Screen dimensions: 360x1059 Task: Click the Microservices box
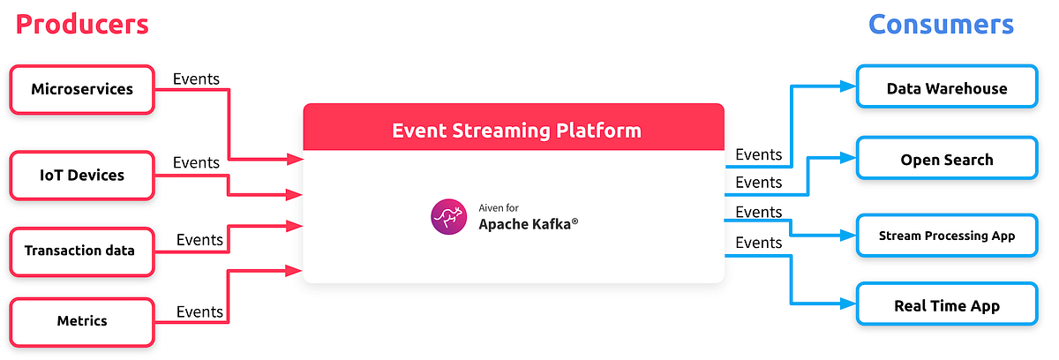[82, 89]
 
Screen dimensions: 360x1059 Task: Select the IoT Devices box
[82, 175]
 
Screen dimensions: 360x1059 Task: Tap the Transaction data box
[79, 251]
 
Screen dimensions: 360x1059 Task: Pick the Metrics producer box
[81, 320]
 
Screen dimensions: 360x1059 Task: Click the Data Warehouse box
[946, 88]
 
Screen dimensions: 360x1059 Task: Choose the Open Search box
[946, 160]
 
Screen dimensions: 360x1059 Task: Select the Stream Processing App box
[946, 236]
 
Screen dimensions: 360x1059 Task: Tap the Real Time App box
[946, 306]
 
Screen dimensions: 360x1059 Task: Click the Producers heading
[82, 24]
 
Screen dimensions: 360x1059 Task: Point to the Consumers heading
[941, 24]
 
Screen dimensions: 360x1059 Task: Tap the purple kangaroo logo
[448, 217]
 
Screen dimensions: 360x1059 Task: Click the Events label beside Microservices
[196, 79]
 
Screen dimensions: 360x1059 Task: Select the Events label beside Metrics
[199, 311]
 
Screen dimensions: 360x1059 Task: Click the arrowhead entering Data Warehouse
[849, 86]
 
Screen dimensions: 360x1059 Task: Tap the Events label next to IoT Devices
[196, 162]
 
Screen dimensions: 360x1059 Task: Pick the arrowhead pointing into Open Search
[849, 158]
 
